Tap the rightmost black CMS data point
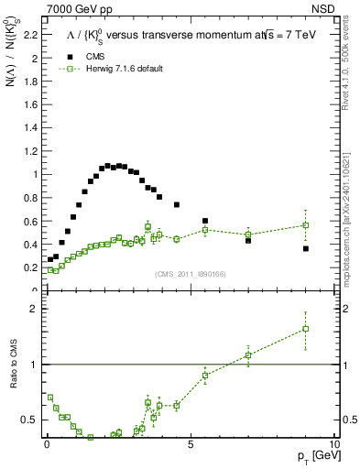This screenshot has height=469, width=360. click(306, 248)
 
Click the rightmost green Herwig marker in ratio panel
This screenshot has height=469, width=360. click(306, 329)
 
